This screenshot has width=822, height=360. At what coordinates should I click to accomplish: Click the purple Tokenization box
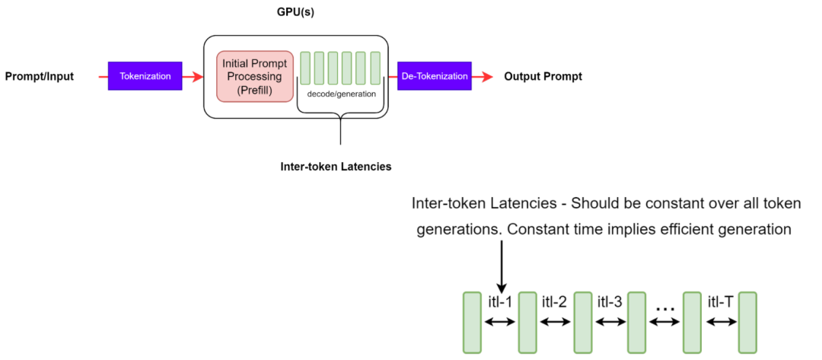pos(145,76)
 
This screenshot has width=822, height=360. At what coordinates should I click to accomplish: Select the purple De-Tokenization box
pos(435,76)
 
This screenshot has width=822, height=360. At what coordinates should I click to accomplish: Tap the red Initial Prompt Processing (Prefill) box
pos(254,77)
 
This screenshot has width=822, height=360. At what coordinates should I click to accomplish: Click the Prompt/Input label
pos(40,77)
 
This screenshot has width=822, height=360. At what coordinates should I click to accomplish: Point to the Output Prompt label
pos(543,77)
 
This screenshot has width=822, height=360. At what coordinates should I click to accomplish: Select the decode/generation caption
pos(340,94)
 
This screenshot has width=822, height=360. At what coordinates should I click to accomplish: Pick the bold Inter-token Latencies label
pos(336,166)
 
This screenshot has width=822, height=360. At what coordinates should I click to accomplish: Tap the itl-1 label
pos(500,301)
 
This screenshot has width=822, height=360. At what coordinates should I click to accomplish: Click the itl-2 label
pos(555,301)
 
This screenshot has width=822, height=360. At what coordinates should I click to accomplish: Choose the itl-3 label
pos(610,301)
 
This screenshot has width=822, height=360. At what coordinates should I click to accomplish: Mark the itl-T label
pos(720,301)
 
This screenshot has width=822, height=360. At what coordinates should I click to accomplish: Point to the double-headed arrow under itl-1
pos(500,322)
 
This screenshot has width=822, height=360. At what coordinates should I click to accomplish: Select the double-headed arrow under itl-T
pos(720,322)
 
